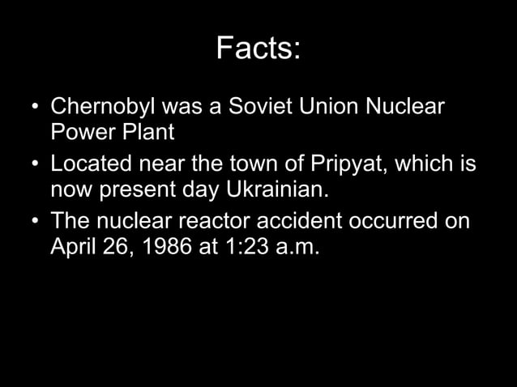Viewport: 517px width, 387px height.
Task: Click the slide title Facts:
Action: (x=258, y=50)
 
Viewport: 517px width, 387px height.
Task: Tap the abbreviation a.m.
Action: (x=295, y=245)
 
